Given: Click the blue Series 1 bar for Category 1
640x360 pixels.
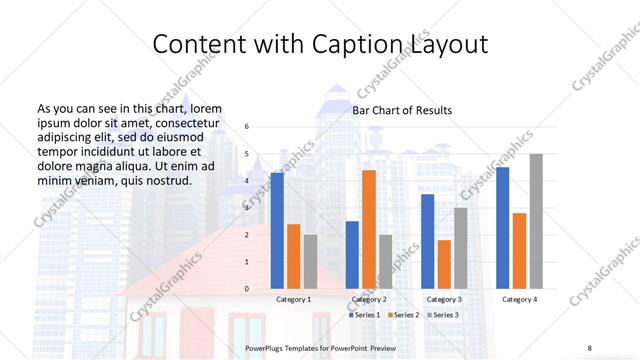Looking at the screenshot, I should click(x=277, y=231).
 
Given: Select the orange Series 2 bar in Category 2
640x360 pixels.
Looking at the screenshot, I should click(x=369, y=229).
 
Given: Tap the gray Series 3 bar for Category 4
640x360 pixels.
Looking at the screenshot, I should click(x=536, y=221).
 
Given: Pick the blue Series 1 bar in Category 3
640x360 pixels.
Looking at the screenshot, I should click(x=428, y=241).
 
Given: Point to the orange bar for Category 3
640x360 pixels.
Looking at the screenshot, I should click(x=444, y=264).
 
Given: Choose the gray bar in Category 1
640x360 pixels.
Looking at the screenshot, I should click(x=310, y=262).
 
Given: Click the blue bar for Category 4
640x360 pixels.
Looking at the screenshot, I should click(x=503, y=228).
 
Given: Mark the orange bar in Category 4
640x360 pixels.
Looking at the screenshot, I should click(x=519, y=251).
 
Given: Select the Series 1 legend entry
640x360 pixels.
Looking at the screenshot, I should click(x=364, y=315).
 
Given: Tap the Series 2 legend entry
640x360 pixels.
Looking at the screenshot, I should click(x=402, y=315).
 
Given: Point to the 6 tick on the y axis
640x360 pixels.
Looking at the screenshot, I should click(x=248, y=127).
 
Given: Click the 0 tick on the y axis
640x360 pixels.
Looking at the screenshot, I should click(x=248, y=289).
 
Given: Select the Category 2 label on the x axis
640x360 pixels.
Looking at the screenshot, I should click(x=369, y=299).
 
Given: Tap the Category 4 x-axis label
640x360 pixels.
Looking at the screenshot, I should click(x=519, y=299).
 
